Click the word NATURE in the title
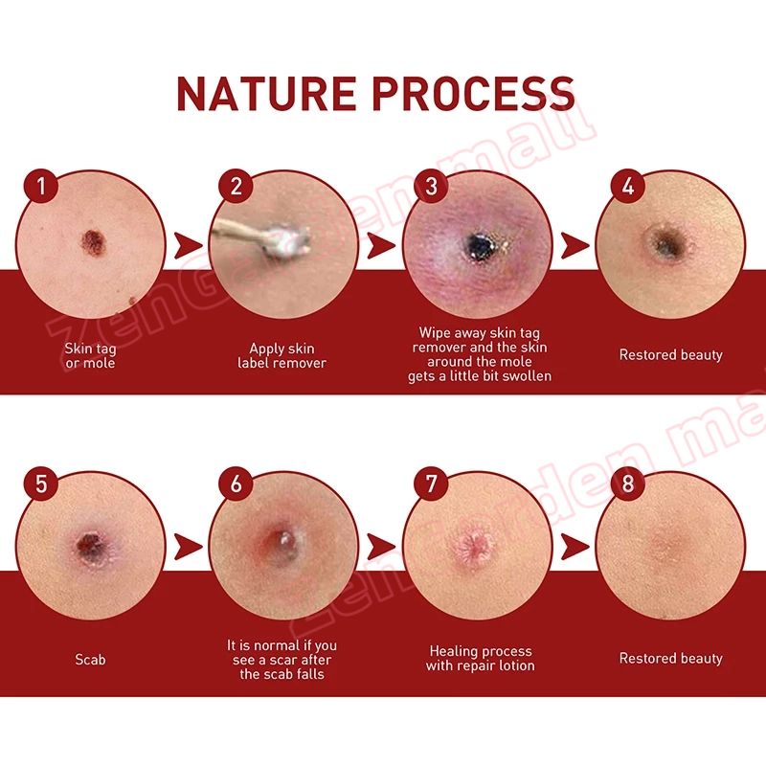coord(266,93)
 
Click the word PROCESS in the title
coord(473,93)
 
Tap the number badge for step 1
coord(41,186)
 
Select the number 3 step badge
coord(431,186)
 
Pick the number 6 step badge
coord(236,484)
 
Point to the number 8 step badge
coord(628,484)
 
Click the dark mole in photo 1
coord(93,243)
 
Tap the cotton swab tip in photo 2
coord(291,239)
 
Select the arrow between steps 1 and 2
coord(188,246)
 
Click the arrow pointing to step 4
coord(574,246)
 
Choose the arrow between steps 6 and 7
coord(381,546)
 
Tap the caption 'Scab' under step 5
coord(90,660)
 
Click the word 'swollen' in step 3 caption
coord(527,376)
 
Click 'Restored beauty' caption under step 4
coord(671,355)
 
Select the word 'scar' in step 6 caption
coord(282,660)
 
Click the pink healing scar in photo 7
coord(473,547)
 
